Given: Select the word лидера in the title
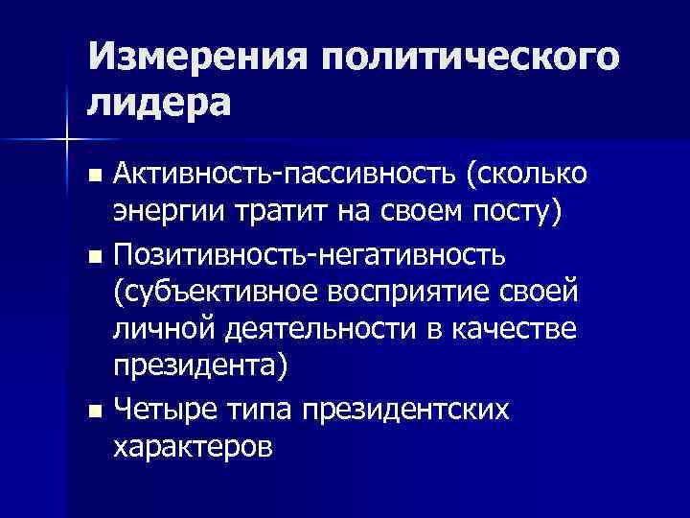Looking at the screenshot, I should point(159,102).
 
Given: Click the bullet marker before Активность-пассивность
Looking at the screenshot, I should point(93,177).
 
